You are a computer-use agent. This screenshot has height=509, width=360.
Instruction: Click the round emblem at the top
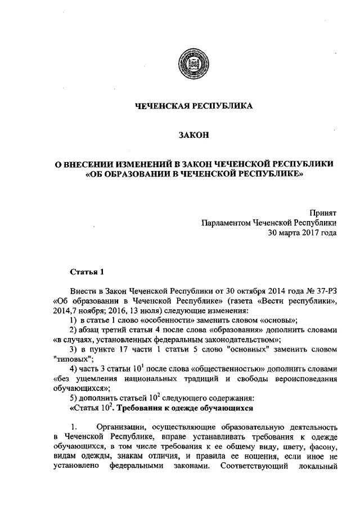click(x=187, y=61)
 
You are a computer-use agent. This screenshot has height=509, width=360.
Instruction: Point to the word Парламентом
click(x=226, y=223)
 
